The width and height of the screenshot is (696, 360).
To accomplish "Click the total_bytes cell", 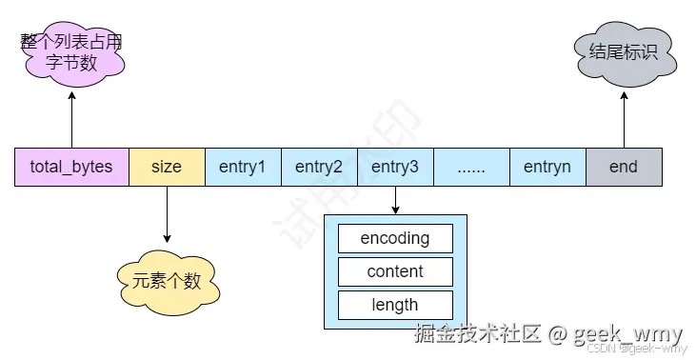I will tap(71, 167).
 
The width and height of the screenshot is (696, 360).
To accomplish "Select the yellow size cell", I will tap(167, 167).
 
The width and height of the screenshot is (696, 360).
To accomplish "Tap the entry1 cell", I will tap(243, 167).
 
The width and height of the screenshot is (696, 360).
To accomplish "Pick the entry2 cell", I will tap(319, 167).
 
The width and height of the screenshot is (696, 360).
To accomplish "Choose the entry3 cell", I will tap(395, 167).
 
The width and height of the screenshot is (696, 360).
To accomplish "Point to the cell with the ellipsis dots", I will tap(471, 167).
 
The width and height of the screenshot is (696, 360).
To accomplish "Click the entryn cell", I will tap(547, 167).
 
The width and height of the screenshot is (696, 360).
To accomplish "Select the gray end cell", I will tap(624, 167).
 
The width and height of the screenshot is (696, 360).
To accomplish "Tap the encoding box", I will tap(395, 238).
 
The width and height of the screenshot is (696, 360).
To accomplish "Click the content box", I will tap(395, 271).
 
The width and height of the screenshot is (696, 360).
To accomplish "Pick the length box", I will tap(395, 305).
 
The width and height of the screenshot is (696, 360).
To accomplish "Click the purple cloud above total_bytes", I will tap(71, 53).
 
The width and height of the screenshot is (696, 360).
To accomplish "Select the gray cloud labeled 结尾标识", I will tap(624, 51).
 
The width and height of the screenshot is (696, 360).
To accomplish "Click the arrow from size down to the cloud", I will tap(167, 214).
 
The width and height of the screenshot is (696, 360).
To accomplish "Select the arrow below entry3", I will tap(395, 200).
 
